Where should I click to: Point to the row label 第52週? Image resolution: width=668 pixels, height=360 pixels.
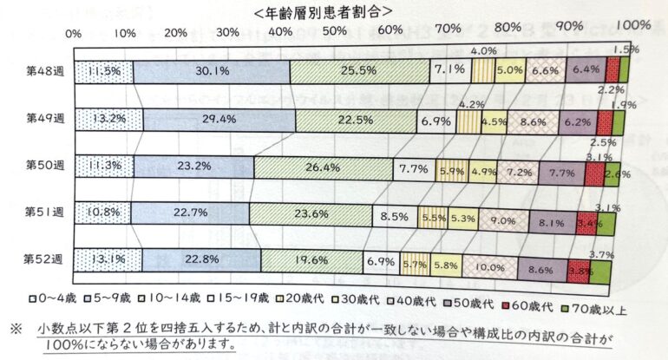[41, 259]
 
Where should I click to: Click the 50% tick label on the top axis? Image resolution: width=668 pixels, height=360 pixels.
[333, 33]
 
